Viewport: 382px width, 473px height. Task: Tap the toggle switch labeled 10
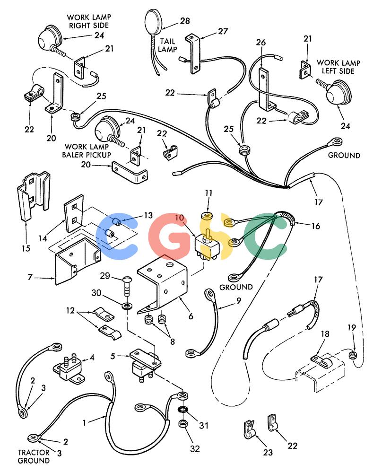tap(205, 245)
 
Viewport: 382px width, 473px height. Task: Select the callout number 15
tap(26, 248)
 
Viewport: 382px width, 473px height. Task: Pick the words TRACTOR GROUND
tap(34, 456)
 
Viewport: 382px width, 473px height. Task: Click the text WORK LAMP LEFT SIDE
tap(339, 67)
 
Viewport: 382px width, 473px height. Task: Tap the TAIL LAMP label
tap(167, 45)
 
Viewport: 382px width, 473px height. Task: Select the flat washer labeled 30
tap(127, 307)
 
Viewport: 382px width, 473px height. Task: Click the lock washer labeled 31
tap(182, 411)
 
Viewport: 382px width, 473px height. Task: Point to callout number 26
tap(261, 42)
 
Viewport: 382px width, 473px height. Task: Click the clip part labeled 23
tap(249, 429)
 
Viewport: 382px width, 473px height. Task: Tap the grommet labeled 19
tap(351, 355)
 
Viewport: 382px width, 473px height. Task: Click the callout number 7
tap(30, 277)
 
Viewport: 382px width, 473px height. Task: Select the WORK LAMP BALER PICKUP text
tap(87, 150)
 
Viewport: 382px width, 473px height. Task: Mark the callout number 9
tap(239, 300)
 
